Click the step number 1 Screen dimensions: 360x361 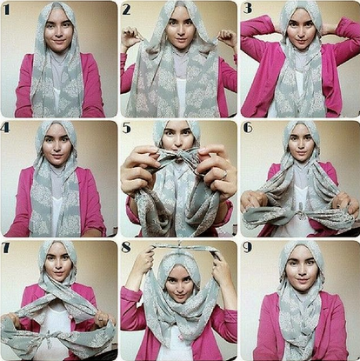coord(7,10)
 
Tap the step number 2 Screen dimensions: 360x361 coord(127,10)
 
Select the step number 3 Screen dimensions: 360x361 coord(247,9)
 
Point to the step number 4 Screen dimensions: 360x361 coord(5,128)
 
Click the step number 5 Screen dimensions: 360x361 coord(127,128)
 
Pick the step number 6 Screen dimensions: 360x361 coord(248,128)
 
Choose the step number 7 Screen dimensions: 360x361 coord(6,248)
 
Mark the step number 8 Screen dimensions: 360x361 coord(126,248)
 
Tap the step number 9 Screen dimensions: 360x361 coord(247,247)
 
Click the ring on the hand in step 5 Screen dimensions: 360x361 coord(223,174)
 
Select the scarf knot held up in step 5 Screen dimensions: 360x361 coord(178,153)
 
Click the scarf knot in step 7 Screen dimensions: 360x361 coord(49,338)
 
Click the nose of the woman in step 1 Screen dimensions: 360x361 coord(59,32)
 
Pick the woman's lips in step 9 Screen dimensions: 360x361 coord(303,281)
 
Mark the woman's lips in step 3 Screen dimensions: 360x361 coord(301,41)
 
